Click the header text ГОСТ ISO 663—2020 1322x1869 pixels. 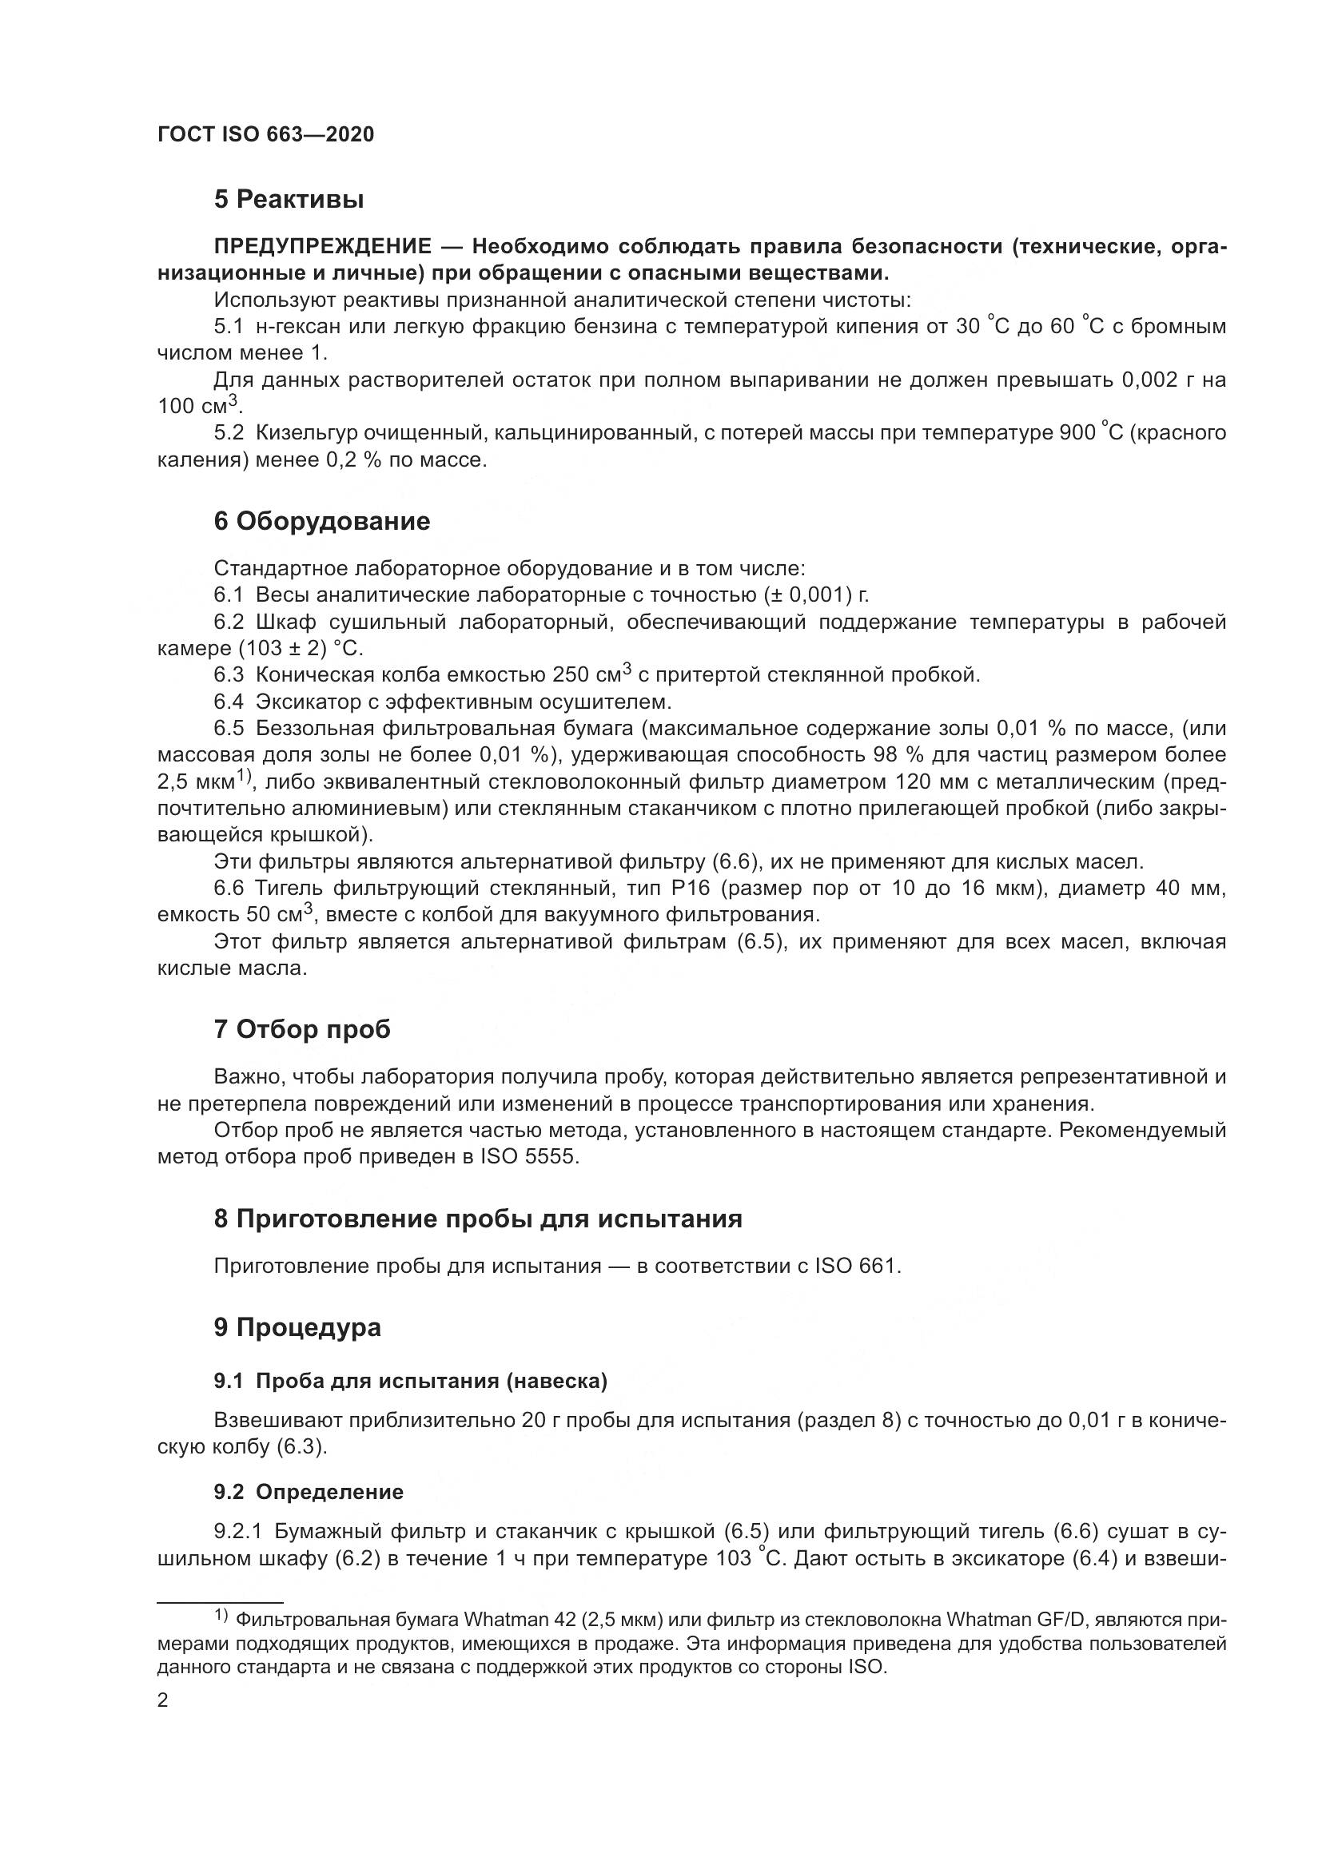click(265, 135)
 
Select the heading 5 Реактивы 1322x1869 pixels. click(289, 200)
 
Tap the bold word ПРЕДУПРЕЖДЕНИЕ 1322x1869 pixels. click(322, 247)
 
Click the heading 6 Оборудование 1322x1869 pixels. click(321, 521)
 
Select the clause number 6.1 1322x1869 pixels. click(228, 595)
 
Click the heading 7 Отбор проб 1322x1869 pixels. click(302, 1030)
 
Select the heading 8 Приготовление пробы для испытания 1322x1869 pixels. click(478, 1219)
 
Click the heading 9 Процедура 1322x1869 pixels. click(297, 1328)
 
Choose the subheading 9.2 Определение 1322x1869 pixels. click(309, 1492)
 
